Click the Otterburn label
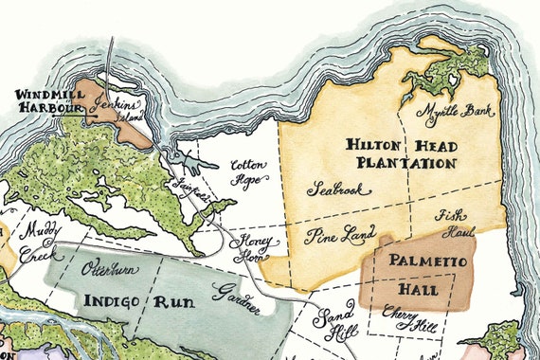[110, 269]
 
